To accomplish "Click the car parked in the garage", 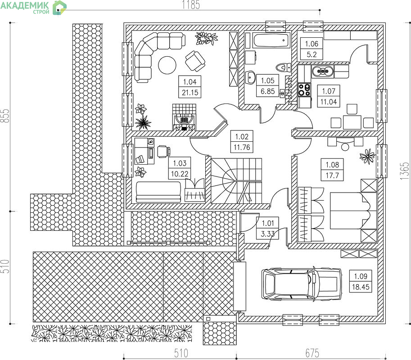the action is coord(302,284).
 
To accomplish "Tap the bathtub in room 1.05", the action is coord(271,40).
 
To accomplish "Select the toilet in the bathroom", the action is coord(284,67).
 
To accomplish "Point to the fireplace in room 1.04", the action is coord(184,117).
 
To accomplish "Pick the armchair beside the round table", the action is coord(195,61).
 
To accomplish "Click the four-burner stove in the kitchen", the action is coord(304,90).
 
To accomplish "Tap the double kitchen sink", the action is coord(322,71).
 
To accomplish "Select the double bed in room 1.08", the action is coord(350,211).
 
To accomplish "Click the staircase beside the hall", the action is coord(236,180).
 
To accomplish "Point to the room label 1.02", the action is coord(242,136).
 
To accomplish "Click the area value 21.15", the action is coord(190,93).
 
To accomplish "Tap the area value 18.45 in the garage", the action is coord(361,287).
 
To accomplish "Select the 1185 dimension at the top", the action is coord(191,4).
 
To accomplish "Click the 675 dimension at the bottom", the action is coord(312,353).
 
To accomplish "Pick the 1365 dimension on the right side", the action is coord(404,171).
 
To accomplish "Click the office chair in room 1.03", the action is coord(163,152).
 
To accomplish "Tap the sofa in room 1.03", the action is coord(158,192).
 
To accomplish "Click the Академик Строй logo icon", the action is coord(59,8).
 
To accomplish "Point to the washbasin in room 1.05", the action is coord(251,77).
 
